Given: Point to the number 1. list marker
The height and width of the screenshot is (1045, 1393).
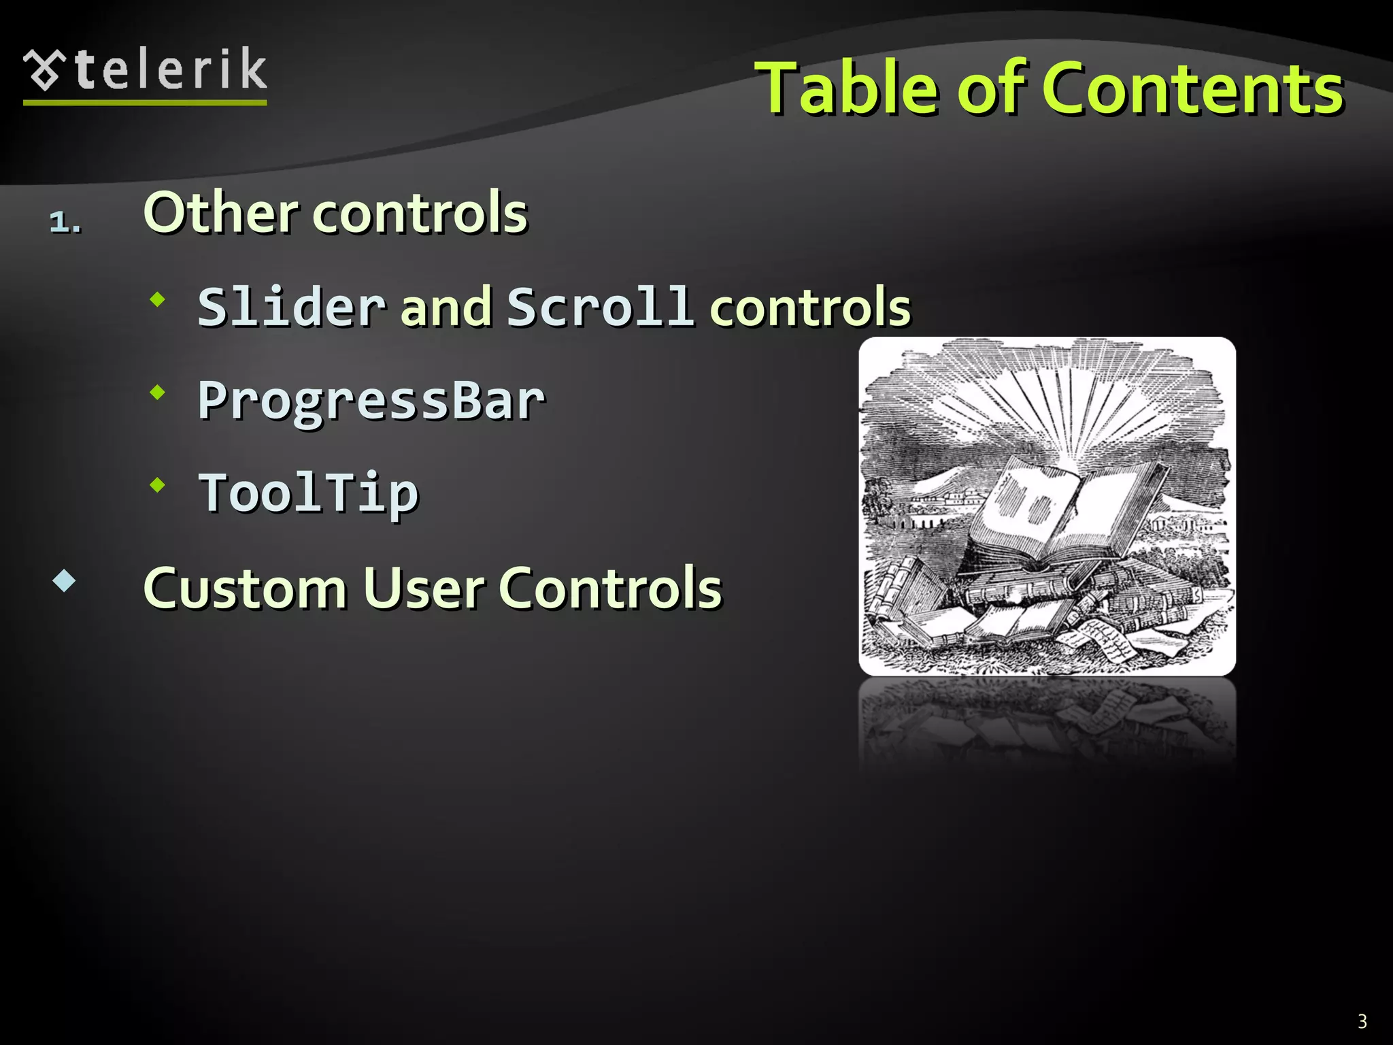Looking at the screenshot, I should (65, 222).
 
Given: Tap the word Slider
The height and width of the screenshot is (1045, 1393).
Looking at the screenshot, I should (292, 307).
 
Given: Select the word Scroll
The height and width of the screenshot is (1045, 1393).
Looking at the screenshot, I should (600, 307).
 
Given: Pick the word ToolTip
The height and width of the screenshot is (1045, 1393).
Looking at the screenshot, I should (308, 493).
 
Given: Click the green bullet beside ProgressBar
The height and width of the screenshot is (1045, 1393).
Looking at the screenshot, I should (158, 392).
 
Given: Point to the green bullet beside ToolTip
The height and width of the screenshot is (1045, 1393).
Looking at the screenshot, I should (158, 485).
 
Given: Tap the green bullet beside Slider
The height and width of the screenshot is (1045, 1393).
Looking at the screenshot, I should (158, 299).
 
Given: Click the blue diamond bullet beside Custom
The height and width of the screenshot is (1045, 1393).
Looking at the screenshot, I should (64, 580).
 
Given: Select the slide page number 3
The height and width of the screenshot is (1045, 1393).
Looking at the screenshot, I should (1362, 1021).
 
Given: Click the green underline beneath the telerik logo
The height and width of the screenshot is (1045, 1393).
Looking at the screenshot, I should (145, 103).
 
